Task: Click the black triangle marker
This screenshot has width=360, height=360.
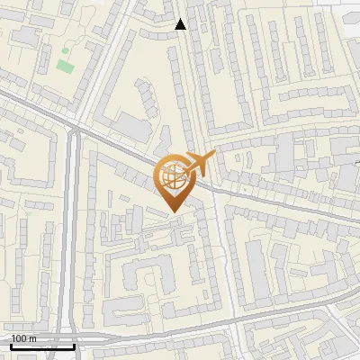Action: [181, 24]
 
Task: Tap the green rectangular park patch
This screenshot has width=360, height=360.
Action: [64, 66]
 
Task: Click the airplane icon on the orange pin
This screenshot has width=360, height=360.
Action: [199, 163]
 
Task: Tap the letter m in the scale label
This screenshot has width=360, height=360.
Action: [32, 338]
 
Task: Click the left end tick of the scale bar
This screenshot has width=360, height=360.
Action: [11, 345]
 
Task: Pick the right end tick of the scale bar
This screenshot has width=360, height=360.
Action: [75, 345]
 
